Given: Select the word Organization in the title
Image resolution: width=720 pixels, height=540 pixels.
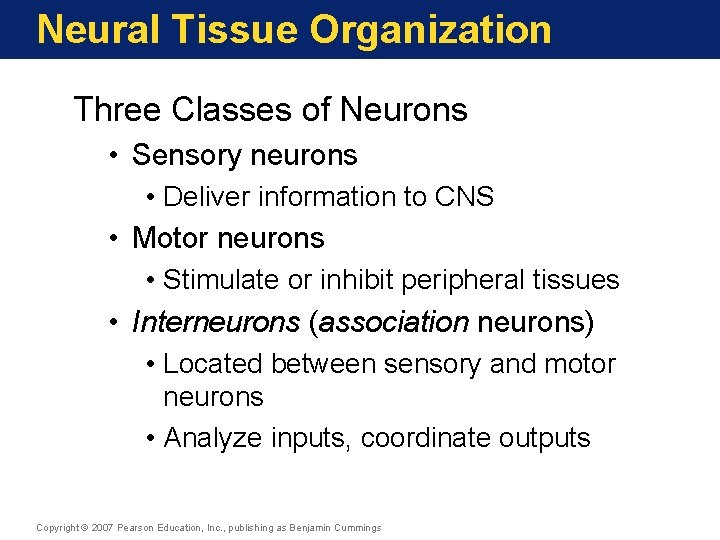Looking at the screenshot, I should coord(430,29).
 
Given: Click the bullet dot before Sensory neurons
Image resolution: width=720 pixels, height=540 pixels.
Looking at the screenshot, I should coord(117,156).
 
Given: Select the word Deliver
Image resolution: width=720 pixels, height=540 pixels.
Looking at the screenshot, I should coord(206,197).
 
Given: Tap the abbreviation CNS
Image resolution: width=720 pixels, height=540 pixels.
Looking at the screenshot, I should coord(464,197).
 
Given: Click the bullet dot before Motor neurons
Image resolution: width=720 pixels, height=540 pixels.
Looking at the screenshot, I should coord(117,239).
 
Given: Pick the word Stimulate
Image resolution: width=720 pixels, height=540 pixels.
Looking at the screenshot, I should coord(221,280).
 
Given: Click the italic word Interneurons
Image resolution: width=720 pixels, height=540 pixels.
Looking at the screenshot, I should coord(215,322).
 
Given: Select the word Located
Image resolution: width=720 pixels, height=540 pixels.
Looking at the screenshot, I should coord(213,364).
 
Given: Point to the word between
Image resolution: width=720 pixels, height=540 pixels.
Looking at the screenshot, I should coord(323,364).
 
